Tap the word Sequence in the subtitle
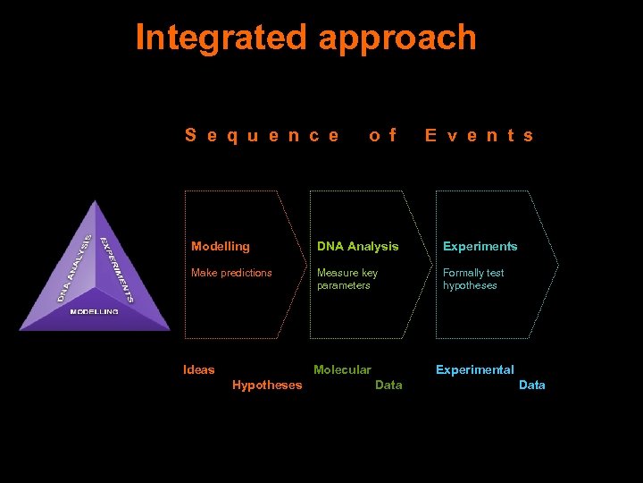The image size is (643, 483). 262,136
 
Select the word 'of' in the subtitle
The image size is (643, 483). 382,136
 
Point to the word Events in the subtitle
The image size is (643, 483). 480,136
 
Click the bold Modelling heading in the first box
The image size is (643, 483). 221,246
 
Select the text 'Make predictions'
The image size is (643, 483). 231,273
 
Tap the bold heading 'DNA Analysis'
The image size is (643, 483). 358,246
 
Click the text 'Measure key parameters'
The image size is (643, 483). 347,279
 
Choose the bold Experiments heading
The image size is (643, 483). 480,246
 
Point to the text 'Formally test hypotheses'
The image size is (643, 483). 473,279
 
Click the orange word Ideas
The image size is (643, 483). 198,369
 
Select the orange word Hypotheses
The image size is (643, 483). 267,386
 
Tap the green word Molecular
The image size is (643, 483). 342,369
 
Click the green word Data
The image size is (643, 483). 388,386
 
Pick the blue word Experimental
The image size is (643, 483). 474,369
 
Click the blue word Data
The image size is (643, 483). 531,386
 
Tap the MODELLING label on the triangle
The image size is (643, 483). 95,312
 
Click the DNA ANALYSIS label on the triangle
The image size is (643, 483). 74,267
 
